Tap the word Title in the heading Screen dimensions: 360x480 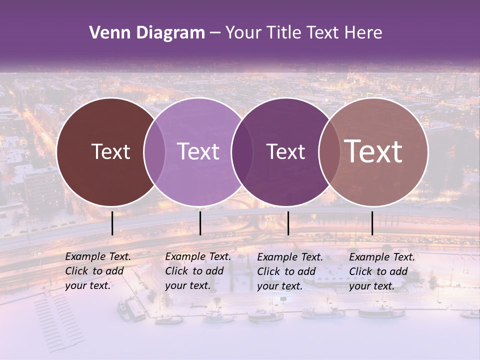[283, 33]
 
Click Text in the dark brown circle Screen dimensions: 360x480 [110, 151]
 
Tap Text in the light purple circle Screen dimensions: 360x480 [198, 151]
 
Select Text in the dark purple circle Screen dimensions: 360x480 [285, 151]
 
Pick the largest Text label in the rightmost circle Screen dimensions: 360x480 [373, 151]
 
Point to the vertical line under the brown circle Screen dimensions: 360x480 [112, 223]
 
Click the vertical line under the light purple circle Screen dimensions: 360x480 [200, 223]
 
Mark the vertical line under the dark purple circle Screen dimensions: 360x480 [288, 223]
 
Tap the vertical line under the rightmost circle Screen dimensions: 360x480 [372, 223]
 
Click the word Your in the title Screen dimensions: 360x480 [243, 33]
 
